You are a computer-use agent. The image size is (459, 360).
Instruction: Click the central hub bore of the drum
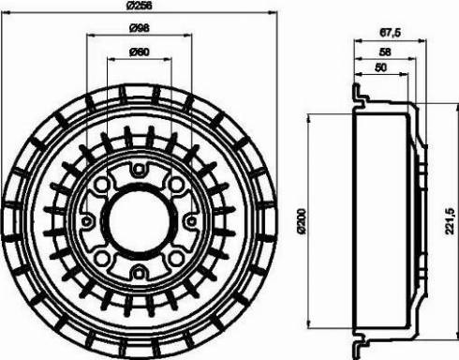point(138,220)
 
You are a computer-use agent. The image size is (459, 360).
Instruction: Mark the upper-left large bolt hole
point(102,186)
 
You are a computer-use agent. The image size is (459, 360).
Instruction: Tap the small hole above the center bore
point(138,170)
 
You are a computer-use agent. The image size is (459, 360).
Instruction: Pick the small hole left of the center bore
point(87,221)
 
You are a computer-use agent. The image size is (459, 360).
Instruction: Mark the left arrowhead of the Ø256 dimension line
point(4,14)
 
